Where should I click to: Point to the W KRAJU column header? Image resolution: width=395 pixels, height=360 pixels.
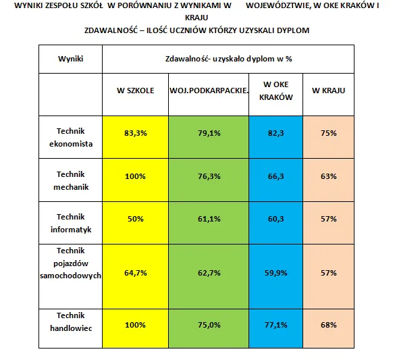pyautogui.click(x=329, y=91)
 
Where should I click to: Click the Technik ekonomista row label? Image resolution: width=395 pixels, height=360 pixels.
pyautogui.click(x=71, y=138)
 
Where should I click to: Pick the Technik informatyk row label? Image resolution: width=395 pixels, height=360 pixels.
pyautogui.click(x=71, y=224)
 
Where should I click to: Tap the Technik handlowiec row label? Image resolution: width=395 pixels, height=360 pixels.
pyautogui.click(x=71, y=322)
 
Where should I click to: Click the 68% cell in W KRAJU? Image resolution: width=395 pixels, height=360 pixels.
pyautogui.click(x=329, y=325)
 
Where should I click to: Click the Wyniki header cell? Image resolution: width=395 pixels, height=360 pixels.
pyautogui.click(x=71, y=59)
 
